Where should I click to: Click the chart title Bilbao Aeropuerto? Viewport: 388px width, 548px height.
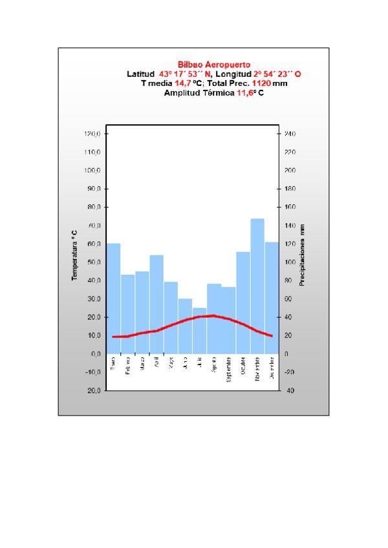[x=213, y=65]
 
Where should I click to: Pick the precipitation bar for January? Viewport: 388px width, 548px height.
[x=114, y=298]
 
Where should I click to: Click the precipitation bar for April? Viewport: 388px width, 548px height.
[x=156, y=304]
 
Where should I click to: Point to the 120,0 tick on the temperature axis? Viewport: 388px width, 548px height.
[x=93, y=134]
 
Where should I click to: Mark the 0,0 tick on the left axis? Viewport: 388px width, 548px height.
[x=94, y=354]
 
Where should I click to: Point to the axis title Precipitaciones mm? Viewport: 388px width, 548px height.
[x=302, y=255]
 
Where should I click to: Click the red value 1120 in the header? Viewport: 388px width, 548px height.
[x=261, y=83]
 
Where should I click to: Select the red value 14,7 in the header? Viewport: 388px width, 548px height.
[x=183, y=83]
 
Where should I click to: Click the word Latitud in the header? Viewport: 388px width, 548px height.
[x=140, y=74]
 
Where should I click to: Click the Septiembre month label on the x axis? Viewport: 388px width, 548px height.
[x=228, y=368]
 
